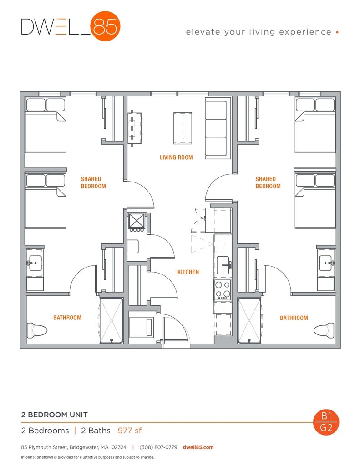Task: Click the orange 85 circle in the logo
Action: tap(105, 26)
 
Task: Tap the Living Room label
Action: tap(176, 157)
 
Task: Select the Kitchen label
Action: tap(188, 272)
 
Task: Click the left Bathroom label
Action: tap(67, 318)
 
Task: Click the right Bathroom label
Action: tap(294, 318)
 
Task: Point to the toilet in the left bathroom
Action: tap(37, 330)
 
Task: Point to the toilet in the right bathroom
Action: tap(325, 330)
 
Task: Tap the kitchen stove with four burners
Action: tap(223, 288)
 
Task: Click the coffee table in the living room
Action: tap(182, 127)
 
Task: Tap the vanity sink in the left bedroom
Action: tap(34, 263)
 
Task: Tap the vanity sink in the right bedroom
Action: tap(326, 263)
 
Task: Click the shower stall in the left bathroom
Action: tap(111, 320)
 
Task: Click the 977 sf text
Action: tap(130, 430)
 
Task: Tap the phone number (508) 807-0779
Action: tap(157, 447)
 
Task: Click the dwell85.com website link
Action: tap(198, 447)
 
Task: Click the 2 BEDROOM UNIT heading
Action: tap(54, 415)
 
